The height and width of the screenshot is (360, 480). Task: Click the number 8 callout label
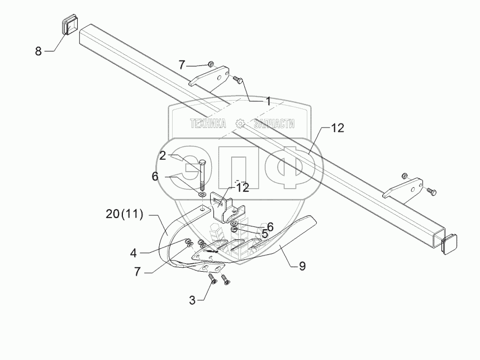click(38, 51)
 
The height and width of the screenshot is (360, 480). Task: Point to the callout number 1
click(268, 102)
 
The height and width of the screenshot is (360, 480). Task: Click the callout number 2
click(162, 155)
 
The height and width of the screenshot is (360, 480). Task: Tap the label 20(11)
click(124, 213)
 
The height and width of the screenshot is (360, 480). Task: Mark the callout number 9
click(302, 266)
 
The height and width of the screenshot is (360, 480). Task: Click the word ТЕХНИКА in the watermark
click(207, 124)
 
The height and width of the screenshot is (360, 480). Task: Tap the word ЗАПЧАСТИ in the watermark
click(274, 124)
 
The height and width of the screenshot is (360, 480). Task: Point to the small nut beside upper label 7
click(210, 64)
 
